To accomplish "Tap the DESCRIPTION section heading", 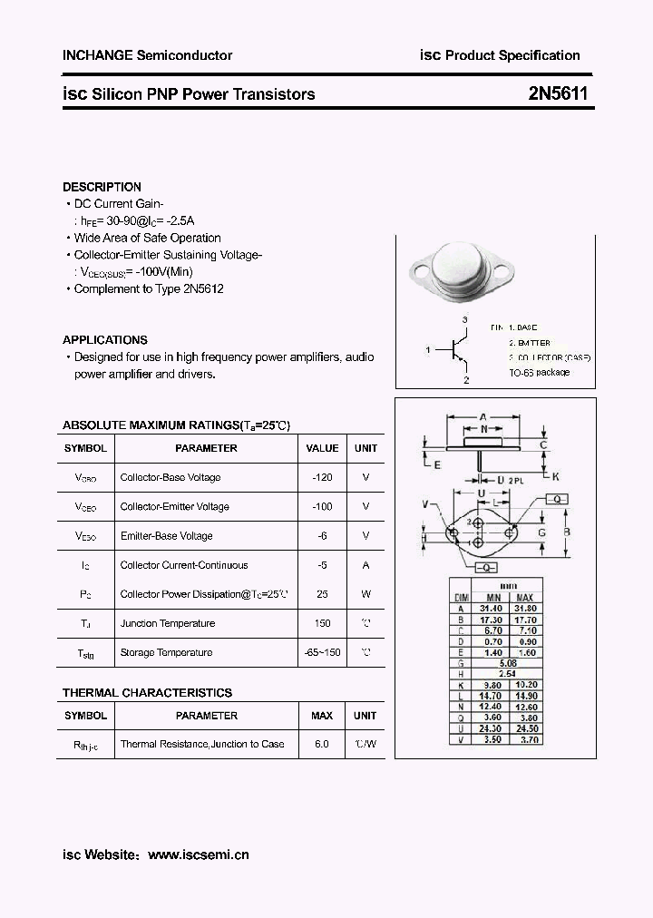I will [x=102, y=187].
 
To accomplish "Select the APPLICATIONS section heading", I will [x=105, y=339].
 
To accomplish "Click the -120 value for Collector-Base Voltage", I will [x=322, y=477].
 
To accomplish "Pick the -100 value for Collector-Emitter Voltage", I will [x=322, y=506].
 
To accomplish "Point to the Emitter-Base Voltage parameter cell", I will [x=167, y=536].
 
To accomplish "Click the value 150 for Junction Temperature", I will [x=322, y=623].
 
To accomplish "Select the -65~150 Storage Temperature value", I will [x=322, y=652].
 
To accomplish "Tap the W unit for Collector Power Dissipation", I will [x=365, y=594].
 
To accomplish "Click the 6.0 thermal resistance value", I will [x=322, y=744].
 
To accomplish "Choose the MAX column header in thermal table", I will [x=322, y=716].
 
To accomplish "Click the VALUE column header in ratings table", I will [x=322, y=448].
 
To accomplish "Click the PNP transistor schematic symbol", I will [x=457, y=350].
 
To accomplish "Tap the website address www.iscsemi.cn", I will [x=198, y=855].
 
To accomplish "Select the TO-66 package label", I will [x=539, y=373].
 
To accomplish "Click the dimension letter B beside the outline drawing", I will [x=567, y=532].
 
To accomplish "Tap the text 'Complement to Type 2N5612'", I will [x=149, y=288].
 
